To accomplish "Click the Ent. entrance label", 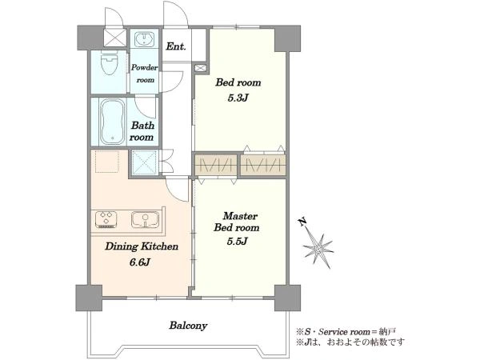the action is pos(176,46).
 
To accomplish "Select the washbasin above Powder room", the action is pos(144,39).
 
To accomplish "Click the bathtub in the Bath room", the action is pos(112,122).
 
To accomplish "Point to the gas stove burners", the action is pos(106,219).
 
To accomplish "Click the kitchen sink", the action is pos(145,220).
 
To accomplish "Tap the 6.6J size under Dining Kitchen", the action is pos(141,262).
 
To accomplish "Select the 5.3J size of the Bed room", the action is pos(238,98).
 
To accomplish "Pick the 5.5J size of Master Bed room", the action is pos(237,242).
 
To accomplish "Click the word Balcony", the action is pos(188,326).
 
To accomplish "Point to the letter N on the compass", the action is pos(302,222).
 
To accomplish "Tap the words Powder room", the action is pos(144,74).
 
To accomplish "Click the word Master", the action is pos(240,216).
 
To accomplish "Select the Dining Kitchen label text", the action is pos(142,246).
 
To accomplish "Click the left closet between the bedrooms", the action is pos(216,166).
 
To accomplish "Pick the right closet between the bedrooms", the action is pos(263,166).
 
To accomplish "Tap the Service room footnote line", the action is pos(346,331).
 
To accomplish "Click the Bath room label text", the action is pos(142,131).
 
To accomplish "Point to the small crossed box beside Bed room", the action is pos(200,68).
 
